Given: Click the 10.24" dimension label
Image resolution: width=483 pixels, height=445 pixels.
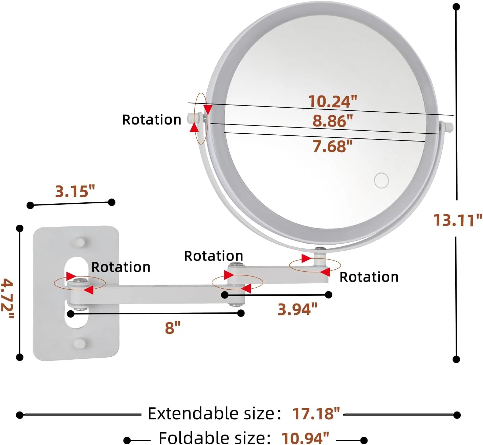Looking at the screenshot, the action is coord(332,102).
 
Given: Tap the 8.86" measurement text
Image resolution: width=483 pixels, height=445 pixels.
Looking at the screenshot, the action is coord(333,121).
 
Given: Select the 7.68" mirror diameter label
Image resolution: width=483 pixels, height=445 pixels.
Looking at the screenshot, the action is coord(332,146).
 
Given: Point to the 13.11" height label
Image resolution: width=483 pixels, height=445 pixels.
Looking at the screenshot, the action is coord(458,220).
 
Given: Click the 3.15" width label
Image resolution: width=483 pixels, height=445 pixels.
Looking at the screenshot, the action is coord(75,191).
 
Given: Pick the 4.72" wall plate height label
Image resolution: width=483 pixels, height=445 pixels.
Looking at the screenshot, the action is coord(7,298).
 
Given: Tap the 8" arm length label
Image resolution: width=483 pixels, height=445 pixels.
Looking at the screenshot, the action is coord(173,328).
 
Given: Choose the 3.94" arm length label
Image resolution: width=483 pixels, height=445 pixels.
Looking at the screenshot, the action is coord(298,309).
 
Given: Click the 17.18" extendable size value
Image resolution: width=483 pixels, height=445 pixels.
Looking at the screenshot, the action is coord(316,414).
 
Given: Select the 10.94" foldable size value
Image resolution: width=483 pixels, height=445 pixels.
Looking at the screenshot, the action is coord(305,438).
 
